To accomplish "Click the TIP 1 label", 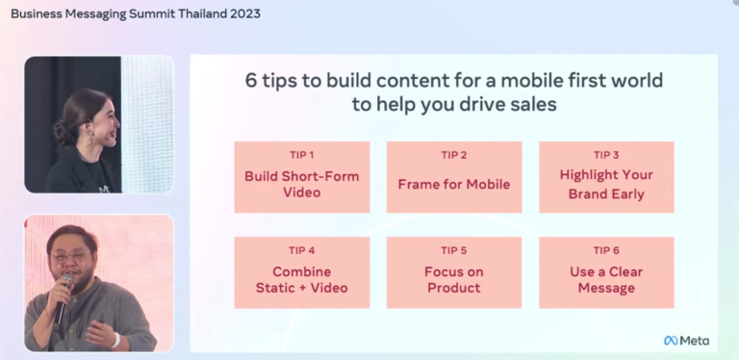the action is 301,155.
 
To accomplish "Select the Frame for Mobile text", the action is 454,184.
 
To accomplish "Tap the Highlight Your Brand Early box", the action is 606,177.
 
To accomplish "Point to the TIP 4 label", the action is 301,250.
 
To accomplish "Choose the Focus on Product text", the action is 454,280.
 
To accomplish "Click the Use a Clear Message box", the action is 606,272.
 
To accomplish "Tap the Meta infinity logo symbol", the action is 671,340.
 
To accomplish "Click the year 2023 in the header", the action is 245,13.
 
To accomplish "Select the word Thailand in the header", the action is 203,13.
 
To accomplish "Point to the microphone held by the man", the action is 63,297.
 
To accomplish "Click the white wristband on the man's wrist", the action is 115,340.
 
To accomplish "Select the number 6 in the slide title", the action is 251,81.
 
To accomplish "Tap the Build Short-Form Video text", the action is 301,184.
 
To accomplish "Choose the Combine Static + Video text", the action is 301,280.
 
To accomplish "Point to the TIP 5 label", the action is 454,250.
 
